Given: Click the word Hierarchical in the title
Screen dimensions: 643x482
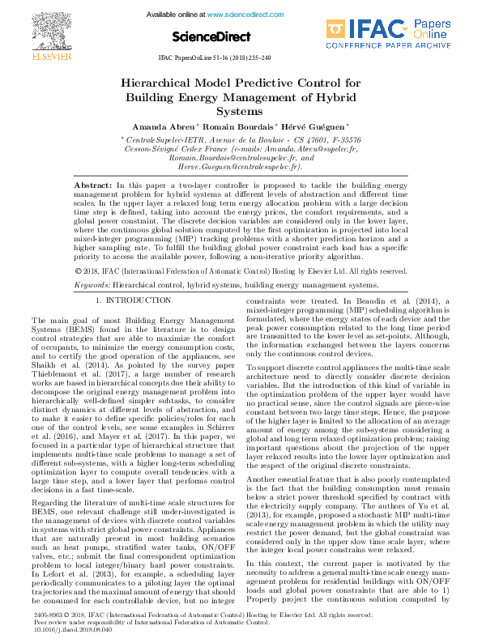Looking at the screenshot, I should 161,83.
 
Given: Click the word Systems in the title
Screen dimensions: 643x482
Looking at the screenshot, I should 240,111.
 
